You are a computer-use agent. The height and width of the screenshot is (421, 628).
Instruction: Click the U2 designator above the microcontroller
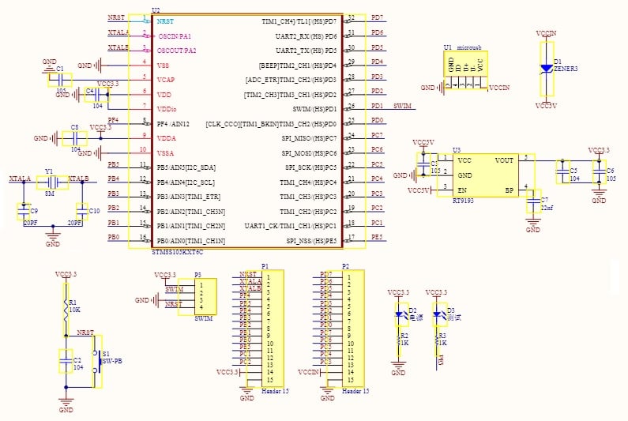(156, 10)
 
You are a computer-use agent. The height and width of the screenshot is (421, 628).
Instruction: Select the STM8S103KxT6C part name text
(177, 252)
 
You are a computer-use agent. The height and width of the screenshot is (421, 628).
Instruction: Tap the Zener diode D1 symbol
(546, 69)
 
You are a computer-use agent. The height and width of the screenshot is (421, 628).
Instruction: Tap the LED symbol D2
(399, 314)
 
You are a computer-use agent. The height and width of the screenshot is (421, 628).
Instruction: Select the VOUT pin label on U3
(505, 159)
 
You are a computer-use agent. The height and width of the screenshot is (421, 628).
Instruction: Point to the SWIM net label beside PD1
(401, 106)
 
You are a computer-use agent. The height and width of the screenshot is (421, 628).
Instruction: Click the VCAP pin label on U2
(166, 80)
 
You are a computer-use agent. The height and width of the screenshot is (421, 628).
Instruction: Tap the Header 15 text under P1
(275, 391)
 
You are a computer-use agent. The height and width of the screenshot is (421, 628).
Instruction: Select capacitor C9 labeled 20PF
(24, 212)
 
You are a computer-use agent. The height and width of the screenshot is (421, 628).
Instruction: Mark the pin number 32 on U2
(352, 17)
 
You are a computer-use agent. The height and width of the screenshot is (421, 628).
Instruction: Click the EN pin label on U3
(461, 190)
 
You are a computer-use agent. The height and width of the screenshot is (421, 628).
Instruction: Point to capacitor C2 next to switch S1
(66, 361)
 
